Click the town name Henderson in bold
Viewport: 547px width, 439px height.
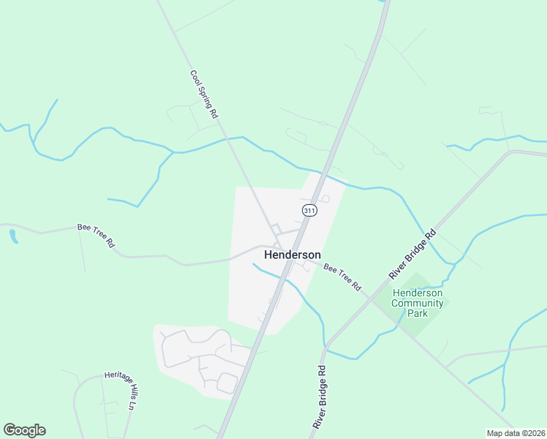click(292, 255)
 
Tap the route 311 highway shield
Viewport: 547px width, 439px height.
click(309, 211)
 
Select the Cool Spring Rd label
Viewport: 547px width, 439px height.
click(203, 94)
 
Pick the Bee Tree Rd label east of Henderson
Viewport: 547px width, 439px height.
click(342, 277)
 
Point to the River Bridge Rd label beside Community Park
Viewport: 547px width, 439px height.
click(412, 253)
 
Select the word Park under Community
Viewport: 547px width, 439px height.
click(418, 313)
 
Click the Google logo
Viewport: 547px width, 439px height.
click(24, 430)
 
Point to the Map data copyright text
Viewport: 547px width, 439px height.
click(516, 432)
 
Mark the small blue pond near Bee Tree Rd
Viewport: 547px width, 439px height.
click(13, 236)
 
